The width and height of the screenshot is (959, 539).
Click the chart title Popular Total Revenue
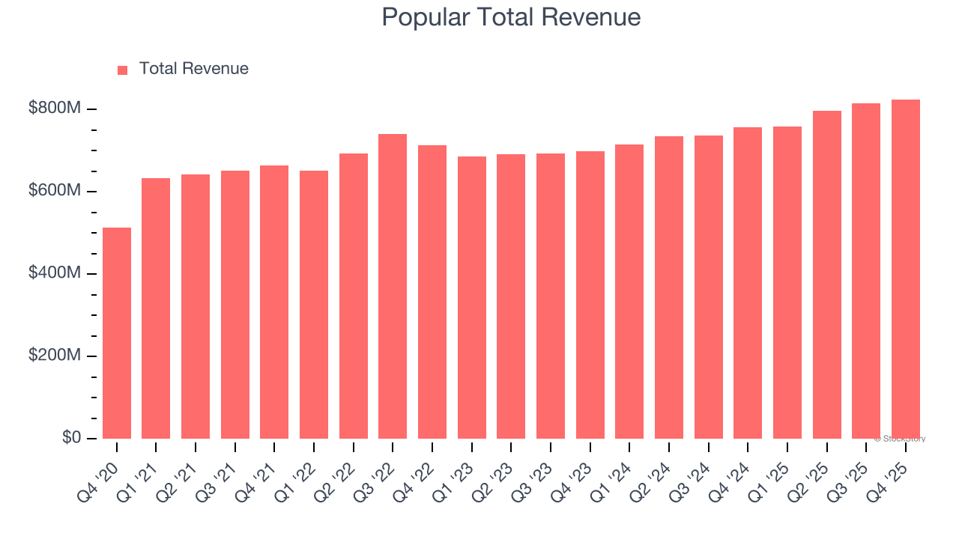(511, 17)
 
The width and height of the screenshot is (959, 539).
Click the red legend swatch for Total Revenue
(123, 70)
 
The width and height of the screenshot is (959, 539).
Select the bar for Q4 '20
(117, 333)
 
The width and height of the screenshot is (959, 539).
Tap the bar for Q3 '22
(393, 286)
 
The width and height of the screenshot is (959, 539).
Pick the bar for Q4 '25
(905, 269)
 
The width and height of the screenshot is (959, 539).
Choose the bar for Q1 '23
(471, 297)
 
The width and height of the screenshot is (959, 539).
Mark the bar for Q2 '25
(826, 275)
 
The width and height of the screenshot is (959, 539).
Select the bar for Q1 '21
(156, 308)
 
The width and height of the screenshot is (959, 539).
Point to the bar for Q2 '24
(668, 287)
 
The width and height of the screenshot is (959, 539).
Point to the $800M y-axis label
(54, 109)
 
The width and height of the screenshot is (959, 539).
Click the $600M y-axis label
(54, 191)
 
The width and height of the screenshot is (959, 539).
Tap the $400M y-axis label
(54, 273)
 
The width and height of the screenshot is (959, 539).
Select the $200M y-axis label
(54, 356)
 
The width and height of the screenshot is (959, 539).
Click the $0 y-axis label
(72, 437)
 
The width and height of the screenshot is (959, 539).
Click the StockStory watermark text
(899, 439)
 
